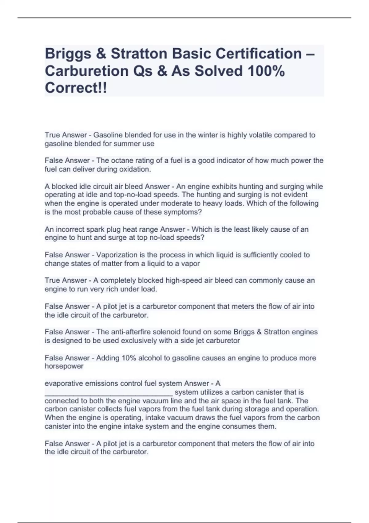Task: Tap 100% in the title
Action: tap(266, 71)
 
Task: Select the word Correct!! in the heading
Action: tap(76, 88)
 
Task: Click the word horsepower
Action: tap(64, 366)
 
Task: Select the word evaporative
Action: tap(64, 384)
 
